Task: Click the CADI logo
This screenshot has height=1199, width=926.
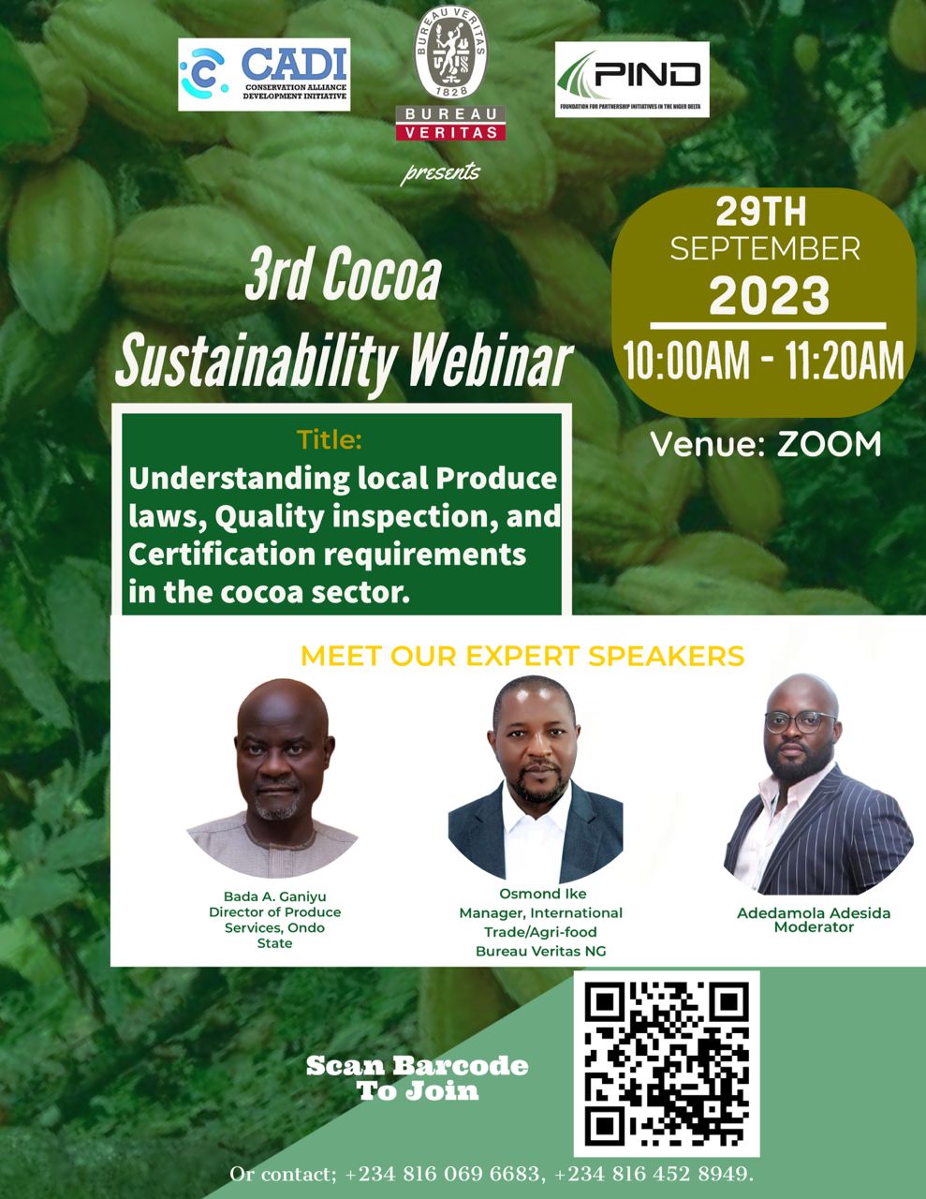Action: pyautogui.click(x=264, y=75)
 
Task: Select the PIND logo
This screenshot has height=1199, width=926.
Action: pyautogui.click(x=632, y=80)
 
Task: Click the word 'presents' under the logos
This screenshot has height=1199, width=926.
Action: pyautogui.click(x=441, y=172)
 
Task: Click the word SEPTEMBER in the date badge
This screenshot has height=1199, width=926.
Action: pyautogui.click(x=765, y=248)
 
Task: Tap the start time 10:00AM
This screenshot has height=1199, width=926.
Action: pyautogui.click(x=686, y=362)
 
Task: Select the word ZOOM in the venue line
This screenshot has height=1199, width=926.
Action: pyautogui.click(x=829, y=444)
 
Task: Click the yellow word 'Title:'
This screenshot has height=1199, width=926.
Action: pyautogui.click(x=329, y=438)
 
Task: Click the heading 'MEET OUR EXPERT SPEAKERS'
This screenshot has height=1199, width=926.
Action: pyautogui.click(x=522, y=656)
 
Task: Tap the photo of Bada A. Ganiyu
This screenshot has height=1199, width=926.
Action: pyautogui.click(x=272, y=777)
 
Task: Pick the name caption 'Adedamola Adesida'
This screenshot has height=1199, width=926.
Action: pyautogui.click(x=814, y=912)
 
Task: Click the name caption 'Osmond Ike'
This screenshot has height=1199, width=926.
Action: pyautogui.click(x=542, y=895)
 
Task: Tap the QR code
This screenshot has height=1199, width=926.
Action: pyautogui.click(x=667, y=1064)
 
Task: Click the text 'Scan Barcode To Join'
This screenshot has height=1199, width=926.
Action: pyautogui.click(x=418, y=1078)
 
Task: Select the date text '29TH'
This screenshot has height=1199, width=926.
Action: pyautogui.click(x=761, y=213)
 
